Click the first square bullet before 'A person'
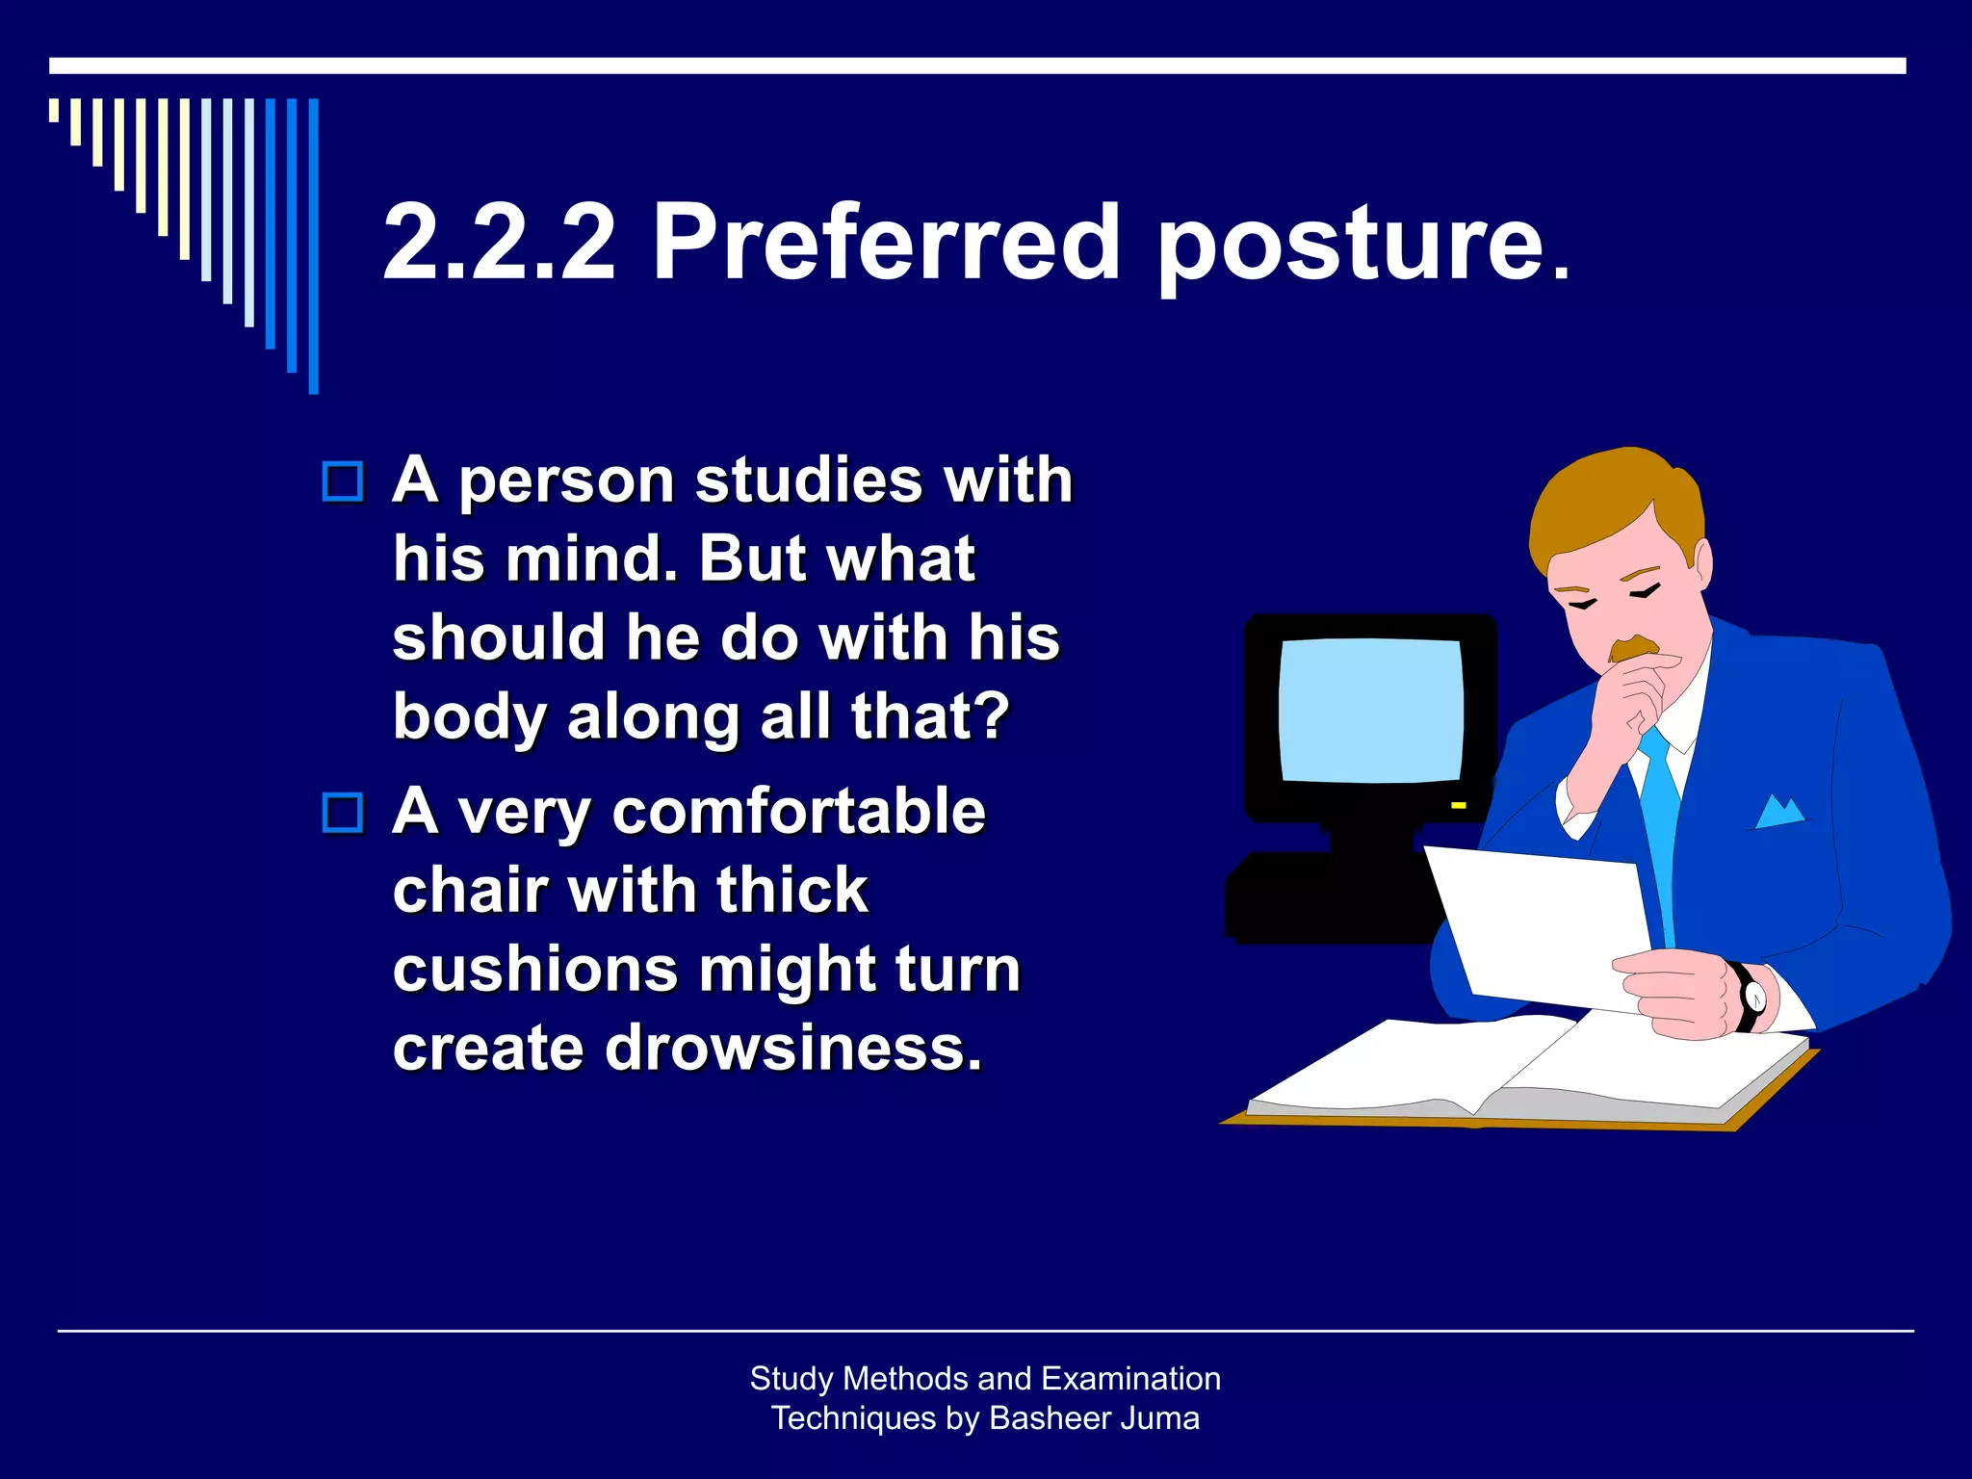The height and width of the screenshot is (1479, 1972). (x=343, y=481)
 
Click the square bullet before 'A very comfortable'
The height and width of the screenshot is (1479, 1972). (x=343, y=813)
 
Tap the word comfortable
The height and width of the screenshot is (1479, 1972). (x=798, y=811)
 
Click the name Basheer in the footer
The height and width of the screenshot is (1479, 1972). (x=1047, y=1418)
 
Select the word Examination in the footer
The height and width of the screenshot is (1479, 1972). (x=1130, y=1379)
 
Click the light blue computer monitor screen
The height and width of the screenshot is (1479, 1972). (x=1371, y=710)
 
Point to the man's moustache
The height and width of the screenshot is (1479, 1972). (x=1633, y=648)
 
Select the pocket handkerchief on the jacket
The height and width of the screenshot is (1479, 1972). (x=1779, y=813)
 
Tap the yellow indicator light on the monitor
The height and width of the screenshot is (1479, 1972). (x=1459, y=804)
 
